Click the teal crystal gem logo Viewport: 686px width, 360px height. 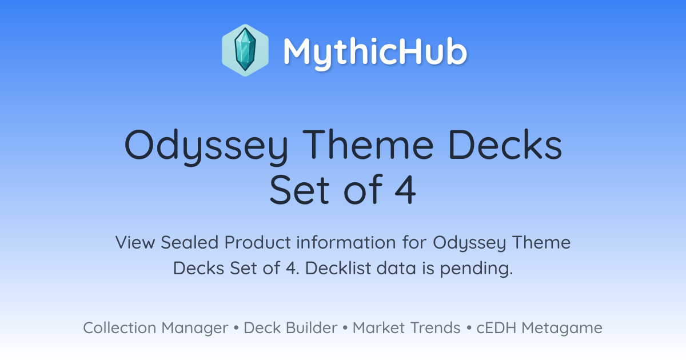tap(245, 50)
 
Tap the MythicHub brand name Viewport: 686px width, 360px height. tap(375, 52)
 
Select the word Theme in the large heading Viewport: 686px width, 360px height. tap(368, 144)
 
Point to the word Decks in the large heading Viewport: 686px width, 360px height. tap(505, 144)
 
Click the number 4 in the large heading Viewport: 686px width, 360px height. tap(405, 189)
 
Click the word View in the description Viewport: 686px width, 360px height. tap(135, 242)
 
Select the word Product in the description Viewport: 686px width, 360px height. tap(258, 242)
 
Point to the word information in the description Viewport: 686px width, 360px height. tap(346, 242)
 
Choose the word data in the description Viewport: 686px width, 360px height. tap(396, 268)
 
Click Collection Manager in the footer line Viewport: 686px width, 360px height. tap(155, 328)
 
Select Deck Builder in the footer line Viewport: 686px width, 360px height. tap(290, 327)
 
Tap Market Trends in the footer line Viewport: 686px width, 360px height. tap(406, 327)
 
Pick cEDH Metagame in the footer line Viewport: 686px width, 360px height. tap(539, 328)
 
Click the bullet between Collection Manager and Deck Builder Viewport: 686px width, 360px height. tap(236, 328)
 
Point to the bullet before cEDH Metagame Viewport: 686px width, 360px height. tap(469, 328)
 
